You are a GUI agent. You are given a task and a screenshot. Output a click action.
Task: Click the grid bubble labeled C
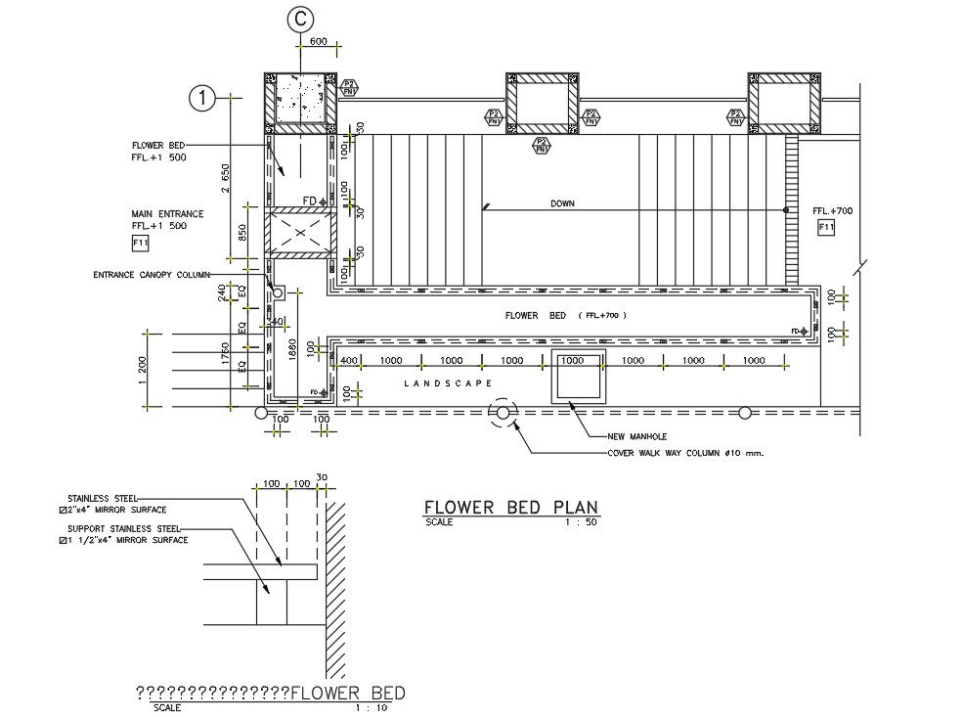tap(300, 19)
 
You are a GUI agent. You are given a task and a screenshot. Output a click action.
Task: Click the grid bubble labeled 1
tap(201, 98)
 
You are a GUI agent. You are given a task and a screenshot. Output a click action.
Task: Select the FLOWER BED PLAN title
tap(510, 507)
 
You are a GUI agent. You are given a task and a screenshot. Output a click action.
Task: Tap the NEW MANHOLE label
tap(636, 436)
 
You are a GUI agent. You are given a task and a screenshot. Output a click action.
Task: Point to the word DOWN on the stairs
tap(562, 203)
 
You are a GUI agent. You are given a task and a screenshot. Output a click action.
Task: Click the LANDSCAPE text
tap(448, 384)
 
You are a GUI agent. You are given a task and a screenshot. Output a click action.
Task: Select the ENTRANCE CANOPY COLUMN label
tap(152, 275)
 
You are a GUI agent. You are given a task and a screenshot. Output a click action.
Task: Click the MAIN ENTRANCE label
tap(167, 213)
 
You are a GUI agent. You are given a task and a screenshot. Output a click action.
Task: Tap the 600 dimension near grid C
tap(318, 41)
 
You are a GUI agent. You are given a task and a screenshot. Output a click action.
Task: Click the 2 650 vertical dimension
tap(226, 178)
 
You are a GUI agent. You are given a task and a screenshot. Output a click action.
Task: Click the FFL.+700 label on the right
tap(833, 211)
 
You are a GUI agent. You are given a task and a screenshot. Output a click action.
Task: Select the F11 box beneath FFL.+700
tap(826, 228)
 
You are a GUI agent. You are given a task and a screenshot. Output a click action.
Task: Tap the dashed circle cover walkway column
tap(503, 414)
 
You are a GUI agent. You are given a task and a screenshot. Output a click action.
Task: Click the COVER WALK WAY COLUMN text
tap(684, 453)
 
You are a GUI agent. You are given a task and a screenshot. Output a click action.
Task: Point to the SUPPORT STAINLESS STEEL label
tap(121, 529)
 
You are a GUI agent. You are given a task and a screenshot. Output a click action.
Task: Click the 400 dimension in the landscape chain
tap(347, 361)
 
